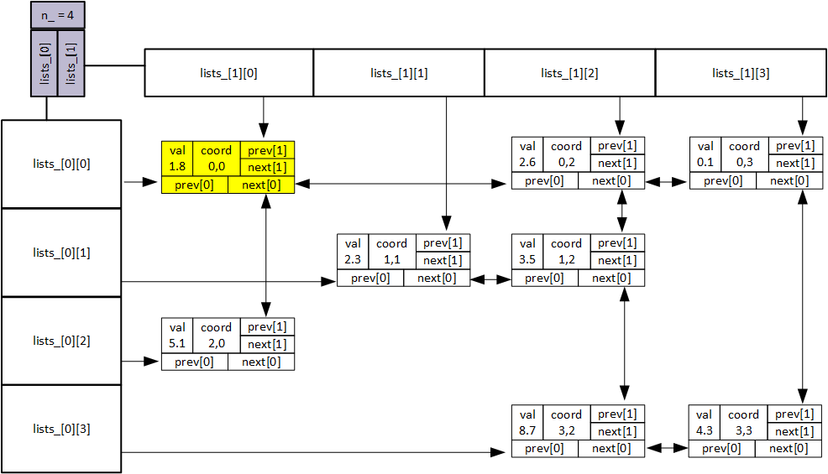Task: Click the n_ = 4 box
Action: pos(57,15)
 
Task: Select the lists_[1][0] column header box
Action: pos(229,73)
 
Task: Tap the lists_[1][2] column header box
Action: pos(569,73)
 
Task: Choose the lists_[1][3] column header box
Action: pos(740,73)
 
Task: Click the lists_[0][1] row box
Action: pos(61,253)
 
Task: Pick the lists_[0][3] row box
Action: pos(61,429)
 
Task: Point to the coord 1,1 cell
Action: pos(391,251)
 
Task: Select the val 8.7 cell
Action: pos(527,422)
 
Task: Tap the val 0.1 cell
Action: pos(705,154)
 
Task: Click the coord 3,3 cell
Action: pos(743,422)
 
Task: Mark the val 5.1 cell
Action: pos(177,335)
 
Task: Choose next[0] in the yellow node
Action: pos(261,185)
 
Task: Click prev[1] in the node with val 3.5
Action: pos(617,242)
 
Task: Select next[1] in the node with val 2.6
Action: pos(617,163)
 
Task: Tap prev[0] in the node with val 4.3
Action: pos(721,449)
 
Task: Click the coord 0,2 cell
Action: pos(566,154)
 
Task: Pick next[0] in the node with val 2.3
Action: pos(436,279)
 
